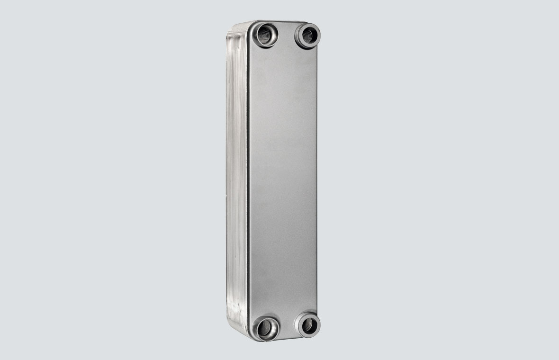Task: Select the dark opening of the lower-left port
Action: [x=266, y=326]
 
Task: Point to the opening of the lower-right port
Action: [x=308, y=325]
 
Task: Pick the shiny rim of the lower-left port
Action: [x=258, y=332]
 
